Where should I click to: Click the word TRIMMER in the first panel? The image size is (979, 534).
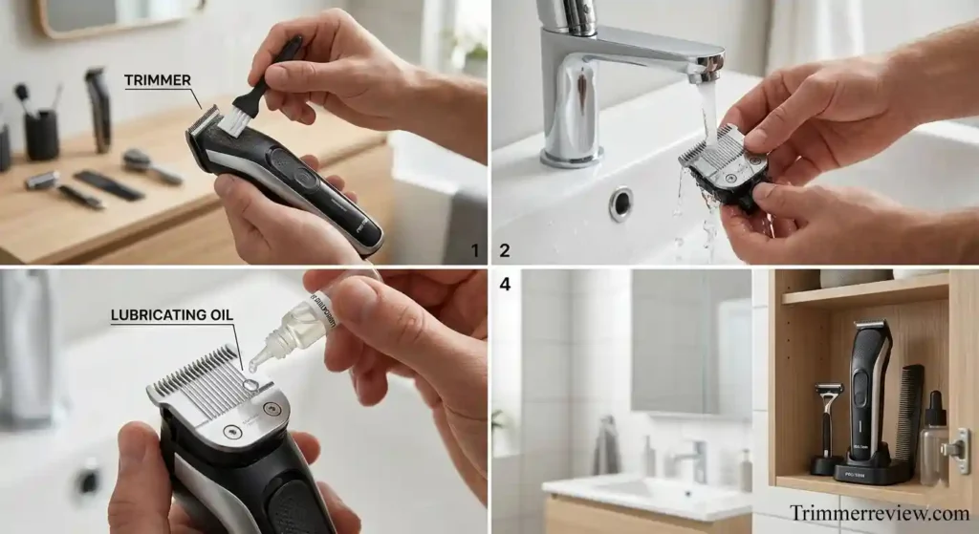[158, 81]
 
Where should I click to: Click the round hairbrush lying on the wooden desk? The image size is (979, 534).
[148, 164]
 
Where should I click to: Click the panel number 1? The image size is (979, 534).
[474, 251]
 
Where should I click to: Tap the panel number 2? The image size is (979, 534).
[505, 251]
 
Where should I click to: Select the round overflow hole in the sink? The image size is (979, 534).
[620, 203]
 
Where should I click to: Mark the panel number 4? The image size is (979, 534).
[505, 284]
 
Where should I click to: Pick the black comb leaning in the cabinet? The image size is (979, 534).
[909, 411]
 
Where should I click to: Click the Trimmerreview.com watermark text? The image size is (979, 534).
[879, 513]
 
